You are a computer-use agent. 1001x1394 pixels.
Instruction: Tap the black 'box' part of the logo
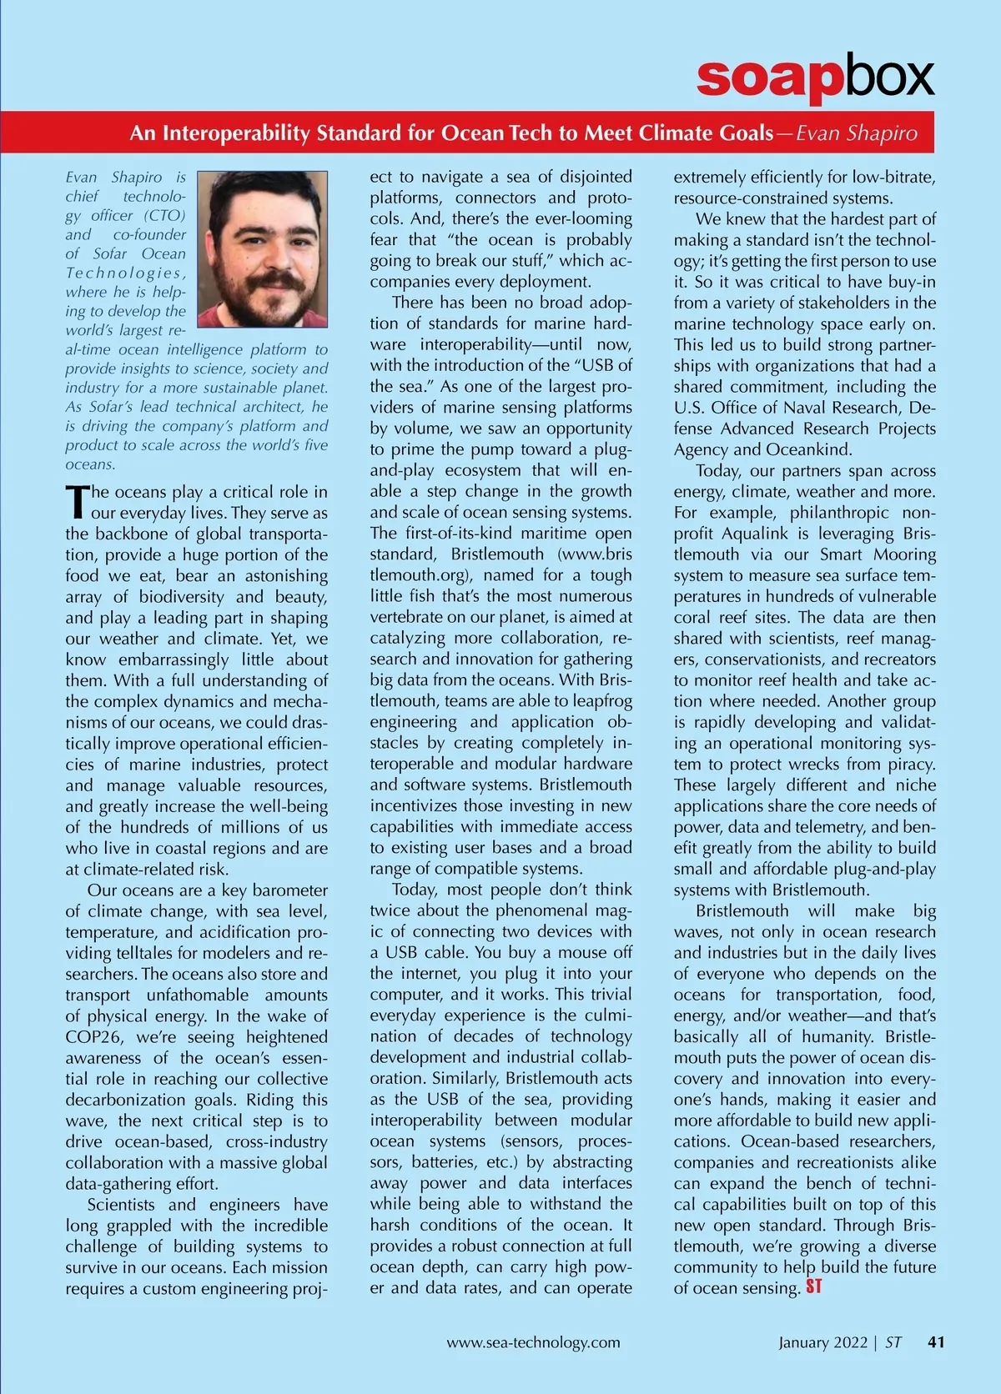coord(887,78)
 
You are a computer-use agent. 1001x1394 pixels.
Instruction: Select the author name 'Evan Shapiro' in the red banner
coord(857,133)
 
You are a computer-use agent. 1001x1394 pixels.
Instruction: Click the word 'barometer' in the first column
coord(289,890)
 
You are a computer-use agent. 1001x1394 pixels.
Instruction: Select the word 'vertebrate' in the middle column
coord(409,617)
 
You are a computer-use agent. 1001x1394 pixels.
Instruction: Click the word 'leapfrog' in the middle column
coord(600,701)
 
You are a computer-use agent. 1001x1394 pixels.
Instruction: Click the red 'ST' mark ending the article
coord(813,1287)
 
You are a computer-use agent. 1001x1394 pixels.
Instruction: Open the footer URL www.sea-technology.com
coord(533,1342)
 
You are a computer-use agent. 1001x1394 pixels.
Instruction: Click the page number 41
coord(936,1342)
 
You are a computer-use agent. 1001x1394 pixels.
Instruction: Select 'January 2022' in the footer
coord(822,1342)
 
